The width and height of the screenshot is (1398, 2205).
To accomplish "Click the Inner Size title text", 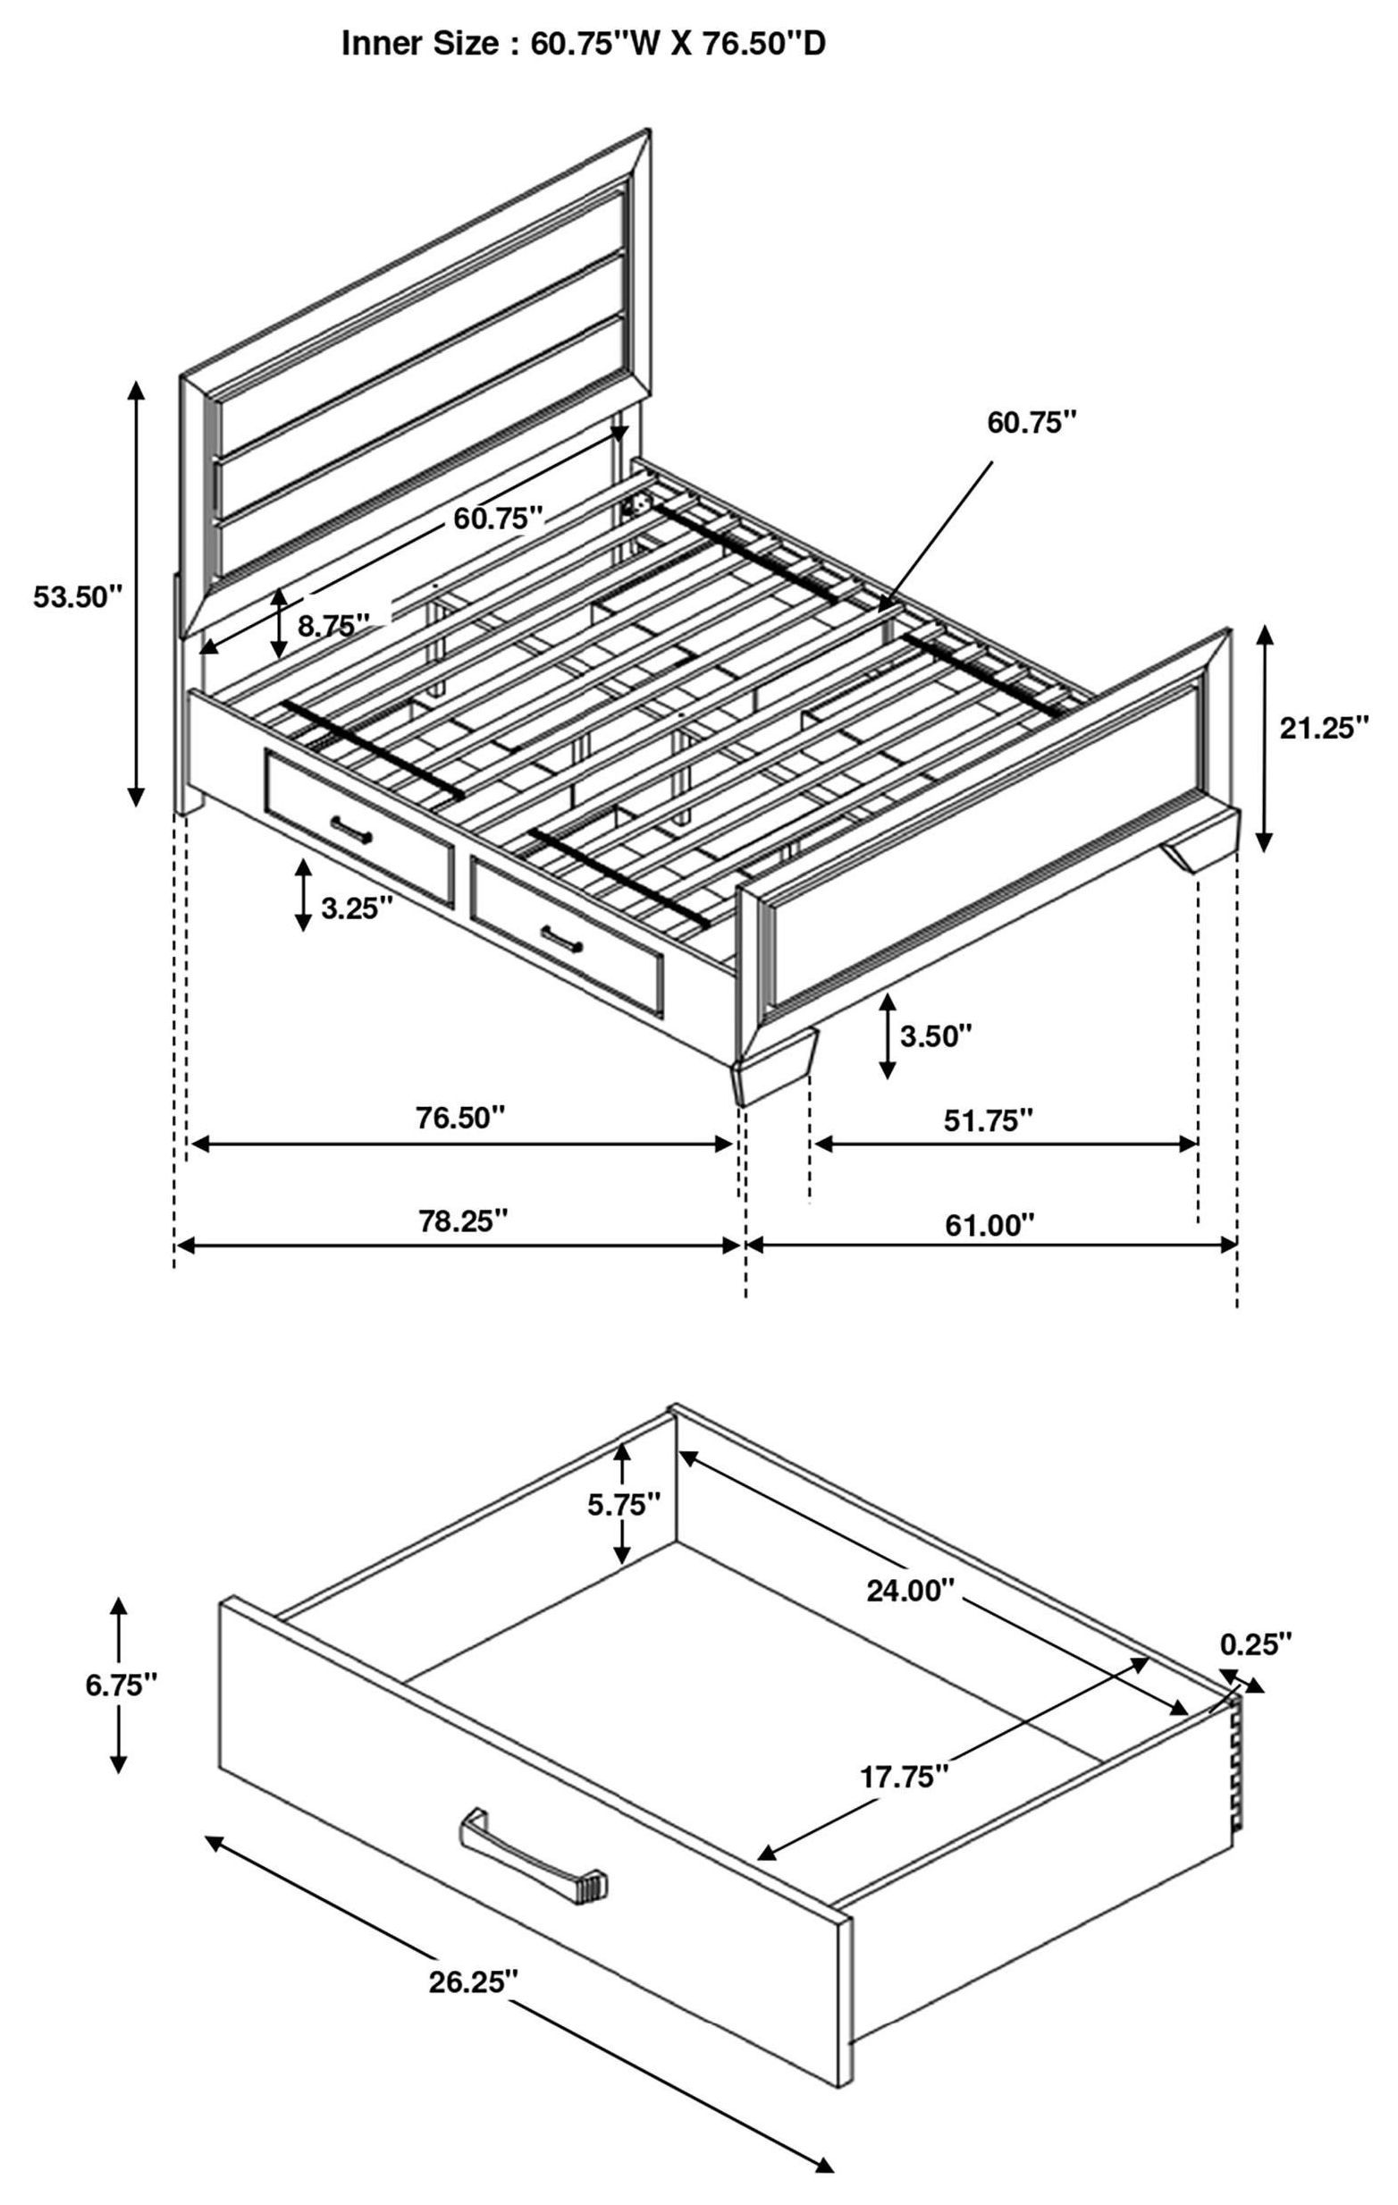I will point(583,43).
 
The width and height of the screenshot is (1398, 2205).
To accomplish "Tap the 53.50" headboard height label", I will point(77,597).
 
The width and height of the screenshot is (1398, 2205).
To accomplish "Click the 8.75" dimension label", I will point(333,625).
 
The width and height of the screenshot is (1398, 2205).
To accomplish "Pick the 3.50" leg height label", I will point(935,1035).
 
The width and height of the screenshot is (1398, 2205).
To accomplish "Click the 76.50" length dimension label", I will point(459,1117).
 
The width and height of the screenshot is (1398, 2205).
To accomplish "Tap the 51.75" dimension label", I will point(988,1119).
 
